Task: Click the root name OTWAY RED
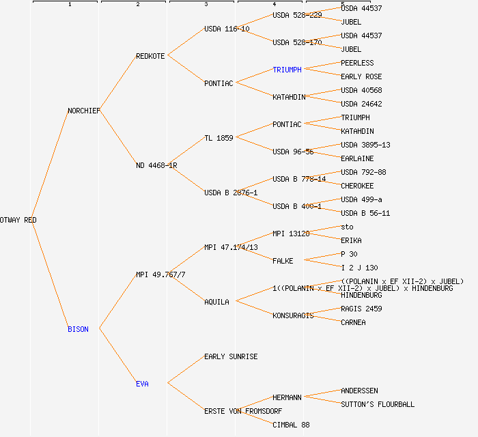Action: click(18, 220)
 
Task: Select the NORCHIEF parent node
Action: click(84, 111)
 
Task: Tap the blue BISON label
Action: click(78, 329)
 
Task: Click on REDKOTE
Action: click(150, 56)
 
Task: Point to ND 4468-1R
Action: click(156, 165)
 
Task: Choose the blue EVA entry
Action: click(142, 384)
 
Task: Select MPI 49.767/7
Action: click(160, 274)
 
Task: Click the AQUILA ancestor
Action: click(216, 302)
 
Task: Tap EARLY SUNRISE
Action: click(231, 356)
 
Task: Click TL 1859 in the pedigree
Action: click(219, 138)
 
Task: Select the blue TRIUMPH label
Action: click(287, 70)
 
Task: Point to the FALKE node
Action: click(283, 261)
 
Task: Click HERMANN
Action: click(287, 397)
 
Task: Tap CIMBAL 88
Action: click(291, 425)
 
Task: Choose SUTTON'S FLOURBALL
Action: click(378, 404)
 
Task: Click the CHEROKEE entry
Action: click(357, 186)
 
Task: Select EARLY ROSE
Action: click(361, 76)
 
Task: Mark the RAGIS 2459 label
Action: click(361, 309)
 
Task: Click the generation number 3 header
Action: click(206, 5)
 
